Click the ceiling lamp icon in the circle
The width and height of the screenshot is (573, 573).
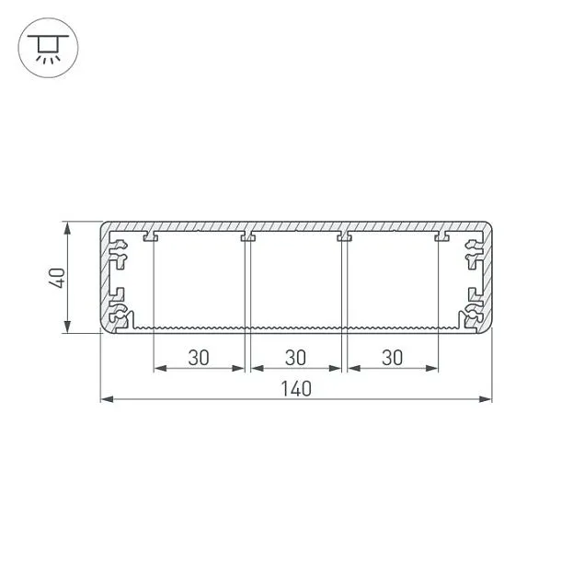click(48, 48)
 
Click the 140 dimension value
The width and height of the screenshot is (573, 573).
click(296, 389)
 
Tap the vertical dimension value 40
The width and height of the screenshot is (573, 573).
click(57, 278)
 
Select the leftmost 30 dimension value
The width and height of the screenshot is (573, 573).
click(199, 358)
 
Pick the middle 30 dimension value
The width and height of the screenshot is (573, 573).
click(295, 358)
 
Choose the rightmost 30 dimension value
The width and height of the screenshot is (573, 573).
click(393, 358)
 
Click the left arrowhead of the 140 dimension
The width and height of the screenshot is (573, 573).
click(107, 399)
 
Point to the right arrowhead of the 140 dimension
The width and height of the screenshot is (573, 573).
click(486, 399)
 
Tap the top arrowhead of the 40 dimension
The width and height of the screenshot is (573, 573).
click(67, 228)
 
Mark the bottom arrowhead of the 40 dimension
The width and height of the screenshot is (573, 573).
click(67, 327)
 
